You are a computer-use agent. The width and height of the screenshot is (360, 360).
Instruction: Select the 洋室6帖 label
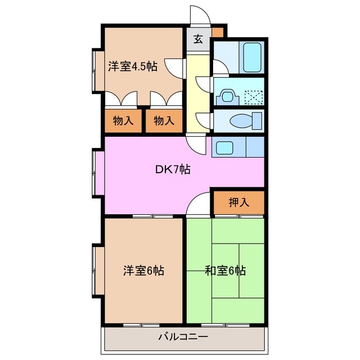pyautogui.click(x=143, y=271)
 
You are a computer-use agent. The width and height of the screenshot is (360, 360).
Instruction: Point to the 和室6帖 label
pyautogui.click(x=225, y=271)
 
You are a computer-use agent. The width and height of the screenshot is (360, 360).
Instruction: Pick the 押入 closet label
pyautogui.click(x=238, y=202)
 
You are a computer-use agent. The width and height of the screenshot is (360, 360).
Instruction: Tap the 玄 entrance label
pyautogui.click(x=198, y=39)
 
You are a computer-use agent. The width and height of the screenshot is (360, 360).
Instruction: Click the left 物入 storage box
pyautogui.click(x=123, y=120)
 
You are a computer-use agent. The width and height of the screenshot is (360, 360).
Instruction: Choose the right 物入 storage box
pyautogui.click(x=164, y=120)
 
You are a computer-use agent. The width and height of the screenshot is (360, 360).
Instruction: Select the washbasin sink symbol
pyautogui.click(x=228, y=96)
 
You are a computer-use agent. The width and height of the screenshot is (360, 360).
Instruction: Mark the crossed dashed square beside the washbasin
pyautogui.click(x=253, y=97)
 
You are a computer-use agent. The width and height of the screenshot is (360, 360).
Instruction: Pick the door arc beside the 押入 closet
pyautogui.click(x=199, y=205)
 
